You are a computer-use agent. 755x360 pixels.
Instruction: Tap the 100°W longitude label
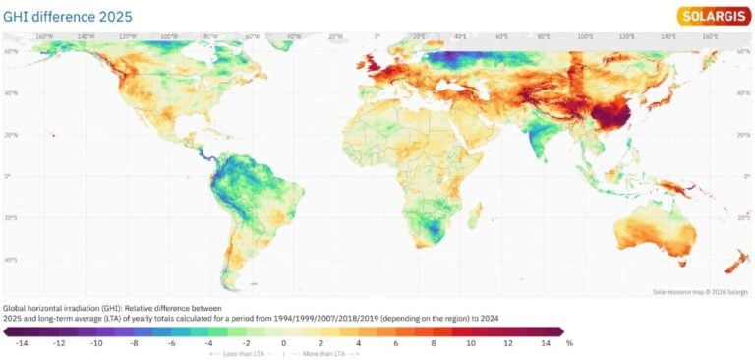pyautogui.click(x=169, y=36)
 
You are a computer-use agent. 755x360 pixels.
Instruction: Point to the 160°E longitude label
pyautogui.click(x=711, y=36)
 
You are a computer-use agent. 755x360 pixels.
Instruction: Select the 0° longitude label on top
pyautogui.click(x=377, y=36)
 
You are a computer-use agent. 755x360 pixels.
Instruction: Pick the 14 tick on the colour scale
pyautogui.click(x=544, y=344)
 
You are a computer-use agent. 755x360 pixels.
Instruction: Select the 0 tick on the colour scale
pyautogui.click(x=283, y=344)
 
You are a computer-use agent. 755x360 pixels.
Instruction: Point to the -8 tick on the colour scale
pyautogui.click(x=134, y=344)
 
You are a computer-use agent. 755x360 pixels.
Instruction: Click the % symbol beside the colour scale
pyautogui.click(x=569, y=344)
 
